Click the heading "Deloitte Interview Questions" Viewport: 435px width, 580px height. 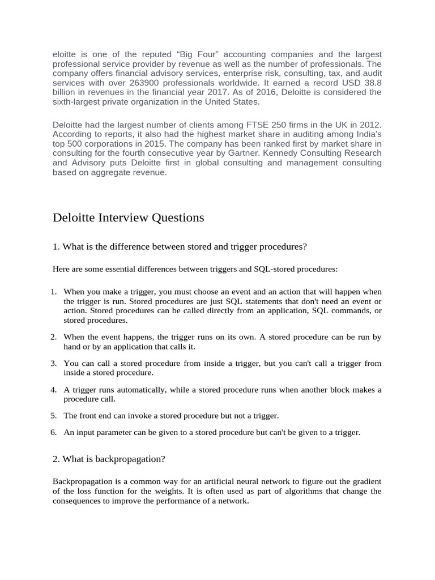click(x=128, y=218)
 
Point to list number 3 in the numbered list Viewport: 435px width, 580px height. click(x=53, y=363)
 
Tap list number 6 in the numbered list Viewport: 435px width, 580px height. click(x=53, y=432)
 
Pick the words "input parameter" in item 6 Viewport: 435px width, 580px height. click(x=102, y=432)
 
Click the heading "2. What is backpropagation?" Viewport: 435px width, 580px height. click(x=109, y=459)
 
